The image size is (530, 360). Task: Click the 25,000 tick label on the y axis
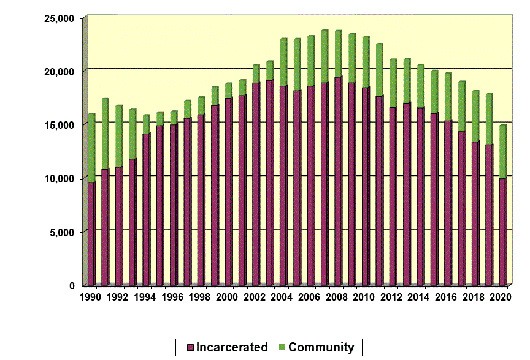click(59, 18)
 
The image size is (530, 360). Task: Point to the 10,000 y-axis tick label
click(59, 178)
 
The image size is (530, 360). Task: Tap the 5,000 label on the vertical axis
click(62, 232)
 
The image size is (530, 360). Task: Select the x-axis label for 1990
click(91, 297)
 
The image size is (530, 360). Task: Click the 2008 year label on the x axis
click(337, 297)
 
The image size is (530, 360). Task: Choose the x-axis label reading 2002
click(255, 297)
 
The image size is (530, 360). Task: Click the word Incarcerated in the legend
click(232, 347)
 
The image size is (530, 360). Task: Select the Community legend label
click(321, 347)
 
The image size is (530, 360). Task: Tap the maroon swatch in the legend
click(183, 348)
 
